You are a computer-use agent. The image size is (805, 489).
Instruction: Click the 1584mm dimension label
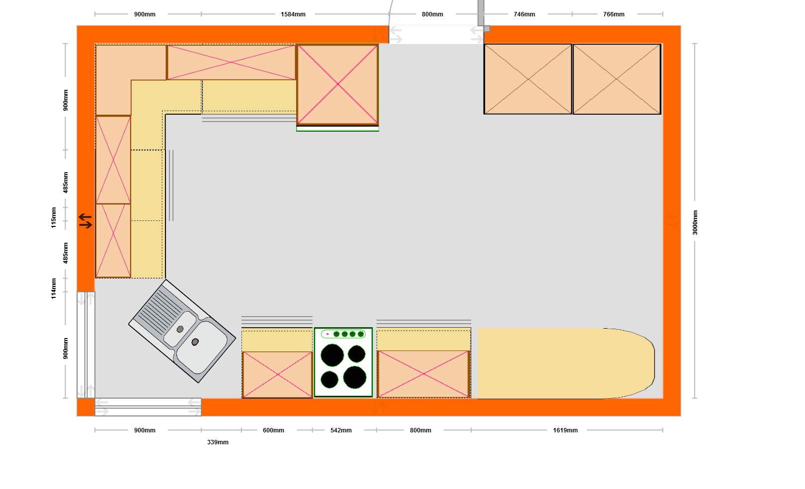(293, 14)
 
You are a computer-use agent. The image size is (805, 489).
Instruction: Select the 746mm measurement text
(524, 14)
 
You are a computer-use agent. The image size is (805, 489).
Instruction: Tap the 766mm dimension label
(614, 14)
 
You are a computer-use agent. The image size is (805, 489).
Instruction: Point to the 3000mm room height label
(695, 222)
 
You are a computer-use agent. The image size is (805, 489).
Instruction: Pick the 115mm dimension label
(54, 217)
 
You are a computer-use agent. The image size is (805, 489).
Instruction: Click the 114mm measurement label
(54, 288)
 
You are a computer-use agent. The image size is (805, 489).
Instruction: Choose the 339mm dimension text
(218, 442)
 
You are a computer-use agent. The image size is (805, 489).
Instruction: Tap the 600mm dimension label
(273, 430)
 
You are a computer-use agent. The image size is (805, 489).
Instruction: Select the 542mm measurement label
(341, 430)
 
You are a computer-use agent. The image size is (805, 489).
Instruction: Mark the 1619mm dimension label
(565, 430)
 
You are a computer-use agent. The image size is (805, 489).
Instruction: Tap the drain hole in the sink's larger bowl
(195, 342)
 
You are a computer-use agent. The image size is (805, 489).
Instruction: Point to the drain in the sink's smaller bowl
(180, 329)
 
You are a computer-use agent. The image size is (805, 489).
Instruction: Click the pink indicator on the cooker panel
(327, 334)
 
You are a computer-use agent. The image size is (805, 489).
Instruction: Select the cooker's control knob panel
(343, 334)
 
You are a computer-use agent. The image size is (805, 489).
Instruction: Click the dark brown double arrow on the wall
(85, 221)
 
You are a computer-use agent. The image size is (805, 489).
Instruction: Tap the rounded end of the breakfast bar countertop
(633, 363)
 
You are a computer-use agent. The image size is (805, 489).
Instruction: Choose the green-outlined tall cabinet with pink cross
(337, 84)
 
